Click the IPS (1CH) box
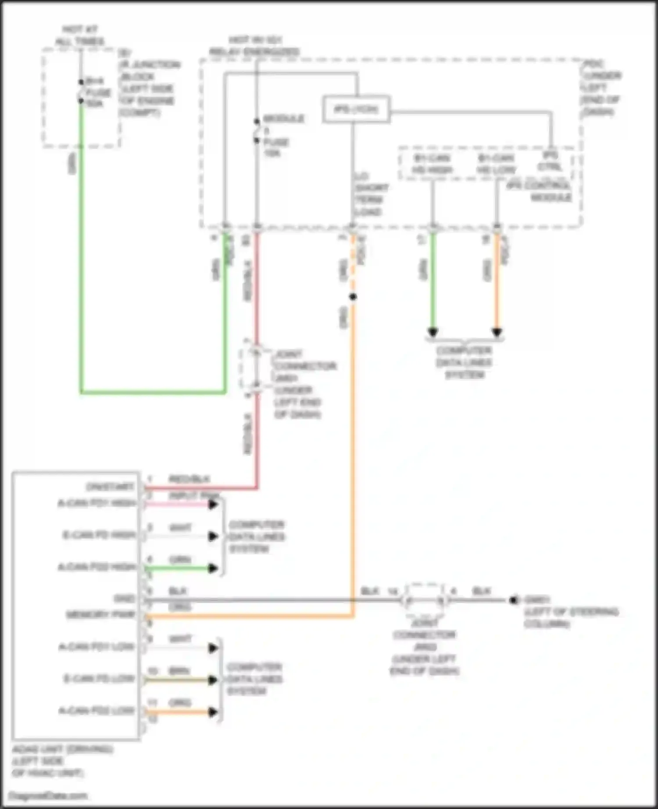point(356,109)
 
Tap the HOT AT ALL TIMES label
point(80,35)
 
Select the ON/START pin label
point(110,487)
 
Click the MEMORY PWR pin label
point(100,615)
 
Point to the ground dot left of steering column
point(514,600)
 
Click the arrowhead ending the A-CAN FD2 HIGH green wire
point(213,568)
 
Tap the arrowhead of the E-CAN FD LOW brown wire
point(213,680)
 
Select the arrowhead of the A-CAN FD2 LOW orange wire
point(213,712)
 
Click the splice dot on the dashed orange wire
point(353,297)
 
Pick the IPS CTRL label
point(550,161)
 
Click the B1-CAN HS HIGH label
point(433,164)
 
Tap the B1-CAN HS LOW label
point(497,164)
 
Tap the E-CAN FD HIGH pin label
point(99,535)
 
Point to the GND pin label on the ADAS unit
point(124,599)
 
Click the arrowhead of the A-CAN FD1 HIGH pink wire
point(213,504)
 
